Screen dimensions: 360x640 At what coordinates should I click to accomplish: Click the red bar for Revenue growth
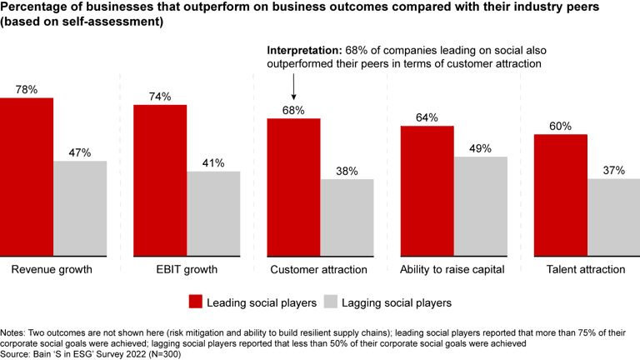tap(27, 177)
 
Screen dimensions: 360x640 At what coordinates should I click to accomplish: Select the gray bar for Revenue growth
tap(80, 208)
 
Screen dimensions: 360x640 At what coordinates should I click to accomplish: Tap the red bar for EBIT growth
tap(160, 180)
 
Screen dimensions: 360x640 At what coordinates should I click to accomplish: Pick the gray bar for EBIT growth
tap(213, 213)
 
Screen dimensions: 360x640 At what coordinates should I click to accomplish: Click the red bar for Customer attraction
tap(293, 187)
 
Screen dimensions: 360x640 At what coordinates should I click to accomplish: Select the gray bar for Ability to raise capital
tap(481, 206)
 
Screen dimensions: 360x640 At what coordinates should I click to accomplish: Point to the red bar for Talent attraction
tap(561, 194)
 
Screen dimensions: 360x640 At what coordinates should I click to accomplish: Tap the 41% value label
tap(213, 163)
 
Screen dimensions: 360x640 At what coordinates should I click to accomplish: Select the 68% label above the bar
tap(293, 110)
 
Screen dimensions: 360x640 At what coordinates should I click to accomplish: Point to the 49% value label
tap(481, 148)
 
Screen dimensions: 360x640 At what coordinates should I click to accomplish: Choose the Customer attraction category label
tap(319, 270)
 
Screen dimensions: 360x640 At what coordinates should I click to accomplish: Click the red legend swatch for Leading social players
tap(196, 302)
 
